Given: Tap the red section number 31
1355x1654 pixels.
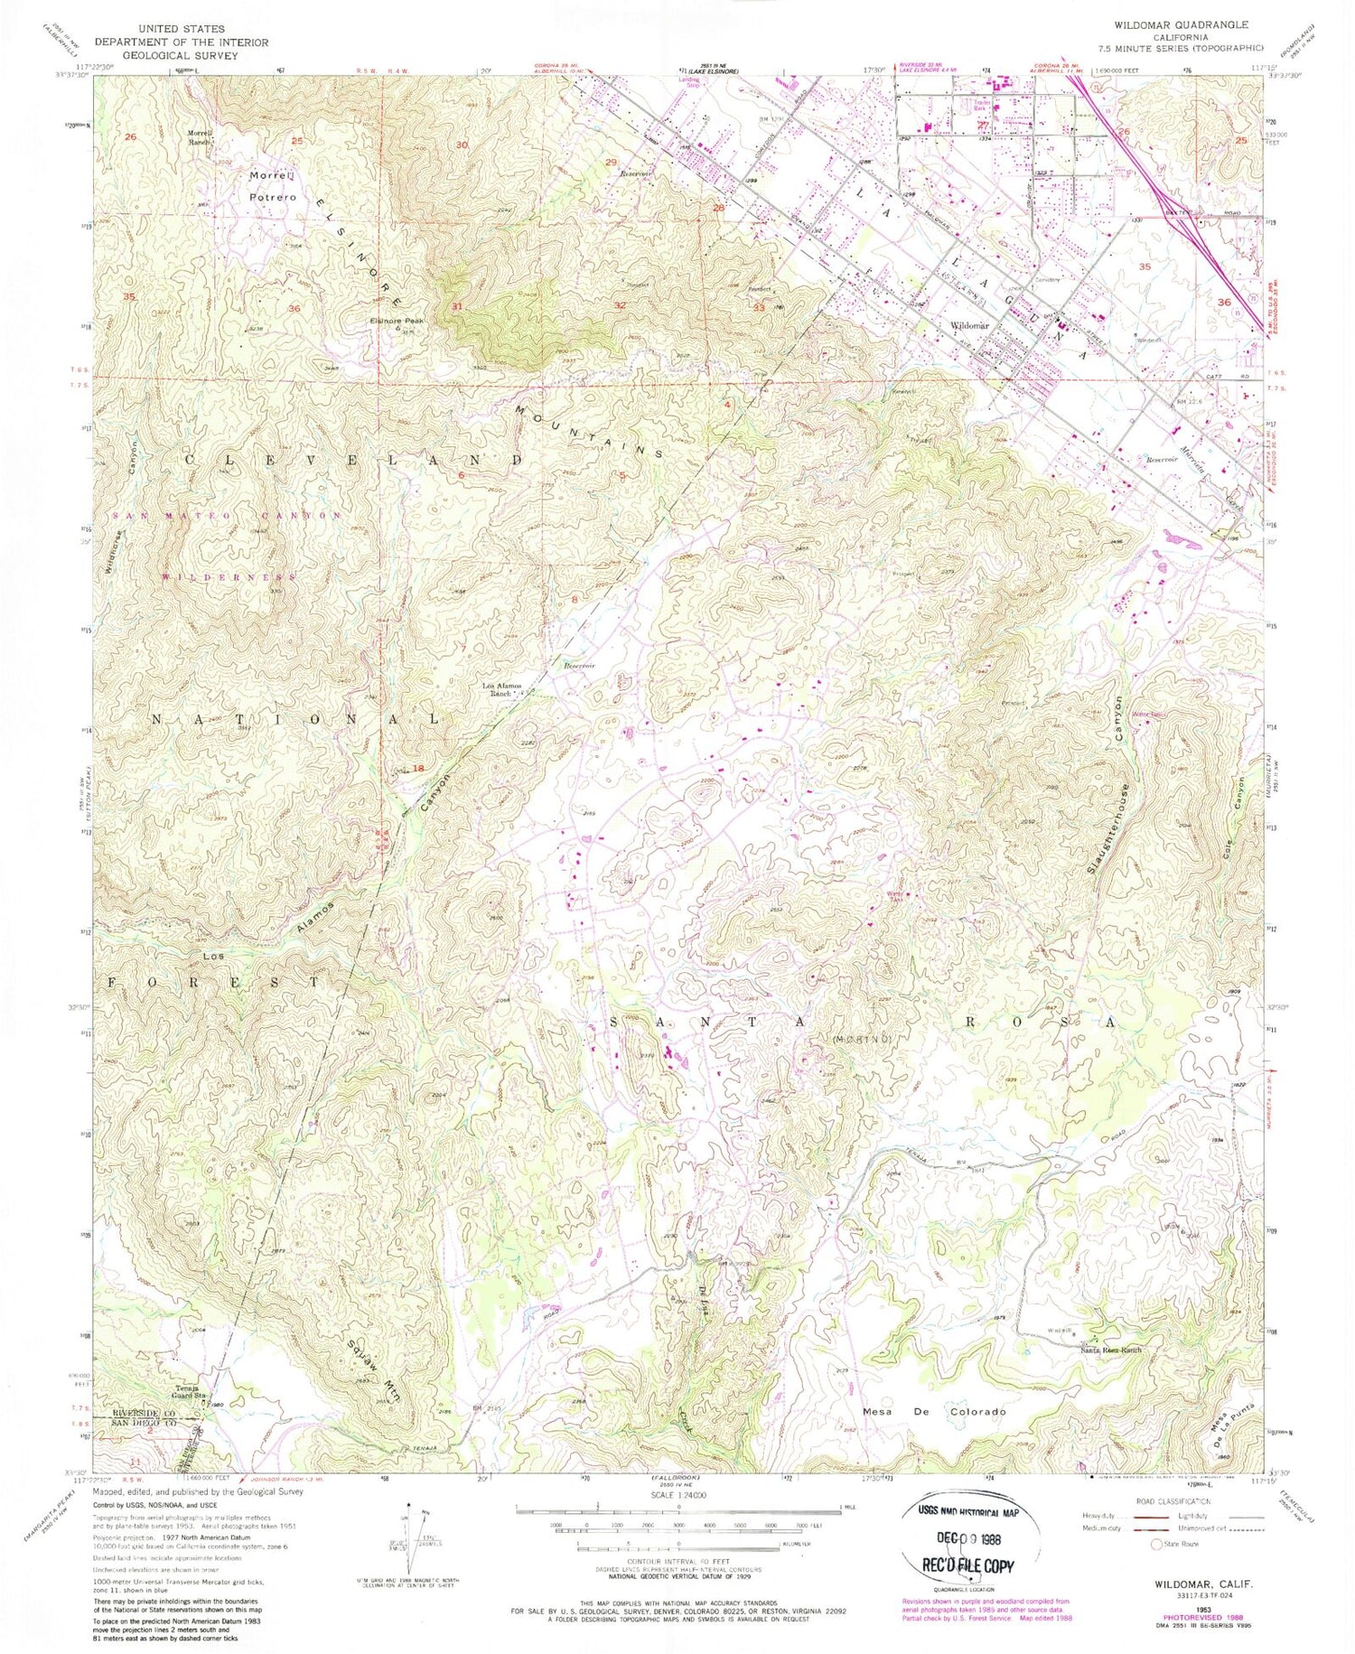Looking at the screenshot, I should coord(457,306).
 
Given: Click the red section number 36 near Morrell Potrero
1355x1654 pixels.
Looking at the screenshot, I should coord(294,309).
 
